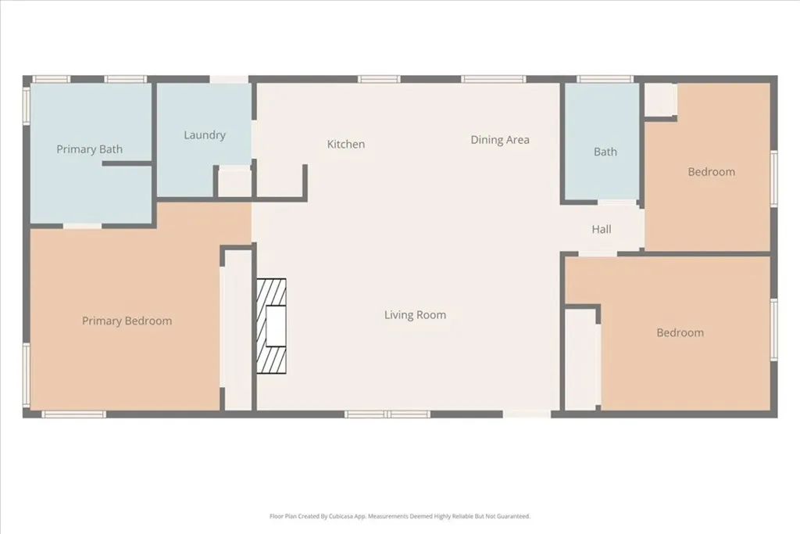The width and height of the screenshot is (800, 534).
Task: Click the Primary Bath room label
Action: pyautogui.click(x=89, y=149)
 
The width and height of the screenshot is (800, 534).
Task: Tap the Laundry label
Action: pyautogui.click(x=205, y=135)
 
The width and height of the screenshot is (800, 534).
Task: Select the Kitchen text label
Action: pyautogui.click(x=345, y=144)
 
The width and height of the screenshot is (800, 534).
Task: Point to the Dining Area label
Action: pyautogui.click(x=499, y=140)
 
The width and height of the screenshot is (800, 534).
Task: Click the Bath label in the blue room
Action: pyautogui.click(x=605, y=152)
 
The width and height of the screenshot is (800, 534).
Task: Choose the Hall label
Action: pyautogui.click(x=602, y=229)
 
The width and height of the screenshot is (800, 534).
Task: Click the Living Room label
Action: pyautogui.click(x=415, y=315)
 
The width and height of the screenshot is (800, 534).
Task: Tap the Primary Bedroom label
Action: pyautogui.click(x=127, y=321)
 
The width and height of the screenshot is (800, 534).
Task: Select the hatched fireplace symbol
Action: pyautogui.click(x=272, y=326)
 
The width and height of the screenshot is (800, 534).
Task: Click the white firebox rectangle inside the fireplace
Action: pyautogui.click(x=276, y=326)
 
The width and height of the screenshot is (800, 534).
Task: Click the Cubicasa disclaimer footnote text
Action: pyautogui.click(x=400, y=516)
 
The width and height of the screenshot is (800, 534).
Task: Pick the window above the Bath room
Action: pyautogui.click(x=605, y=79)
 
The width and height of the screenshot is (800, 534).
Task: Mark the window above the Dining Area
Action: pyautogui.click(x=493, y=79)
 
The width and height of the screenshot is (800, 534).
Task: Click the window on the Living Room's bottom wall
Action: pyautogui.click(x=387, y=414)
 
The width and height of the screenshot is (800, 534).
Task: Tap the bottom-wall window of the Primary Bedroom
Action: pyautogui.click(x=73, y=414)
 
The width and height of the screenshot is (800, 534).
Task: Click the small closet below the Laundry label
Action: pyautogui.click(x=234, y=183)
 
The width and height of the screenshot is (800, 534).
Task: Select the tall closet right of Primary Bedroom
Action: pyautogui.click(x=237, y=328)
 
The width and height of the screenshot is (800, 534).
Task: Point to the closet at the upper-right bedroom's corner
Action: pyautogui.click(x=660, y=99)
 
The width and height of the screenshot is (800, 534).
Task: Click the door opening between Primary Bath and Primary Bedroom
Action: pyautogui.click(x=82, y=226)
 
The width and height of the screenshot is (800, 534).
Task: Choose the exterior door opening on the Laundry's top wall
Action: pyautogui.click(x=230, y=79)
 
